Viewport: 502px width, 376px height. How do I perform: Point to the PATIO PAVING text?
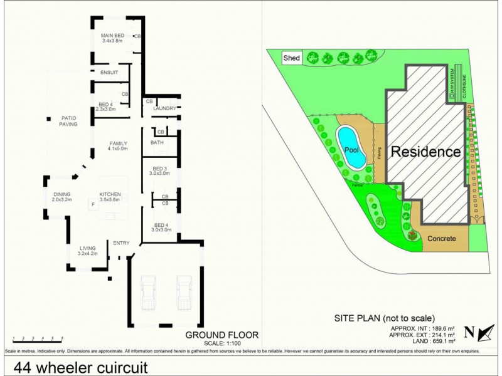[x=68, y=121]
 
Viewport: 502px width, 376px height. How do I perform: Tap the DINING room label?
[x=62, y=194]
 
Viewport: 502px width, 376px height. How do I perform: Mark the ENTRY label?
[x=121, y=243]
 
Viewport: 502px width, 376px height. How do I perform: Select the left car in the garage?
[x=147, y=292]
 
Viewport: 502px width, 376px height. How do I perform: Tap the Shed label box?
[x=292, y=58]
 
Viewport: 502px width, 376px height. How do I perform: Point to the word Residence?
[x=426, y=152]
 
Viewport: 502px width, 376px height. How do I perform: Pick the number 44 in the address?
[x=21, y=366]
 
